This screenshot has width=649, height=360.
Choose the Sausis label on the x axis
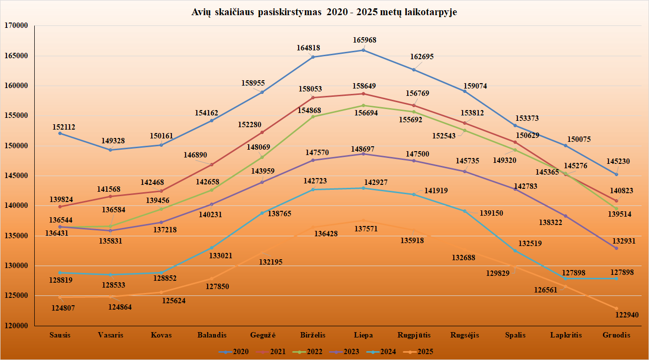tap(60, 335)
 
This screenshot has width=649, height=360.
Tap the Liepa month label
tap(363, 335)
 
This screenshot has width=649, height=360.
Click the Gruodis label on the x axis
tap(616, 335)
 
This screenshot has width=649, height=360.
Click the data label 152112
tap(64, 127)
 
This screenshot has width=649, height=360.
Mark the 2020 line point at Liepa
tap(363, 50)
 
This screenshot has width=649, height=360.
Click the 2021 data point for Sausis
tap(60, 206)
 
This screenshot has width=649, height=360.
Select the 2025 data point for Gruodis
tap(616, 308)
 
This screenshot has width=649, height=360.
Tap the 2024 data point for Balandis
tap(211, 247)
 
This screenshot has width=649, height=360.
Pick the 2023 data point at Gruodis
tap(616, 248)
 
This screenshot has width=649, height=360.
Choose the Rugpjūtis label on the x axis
tap(414, 335)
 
